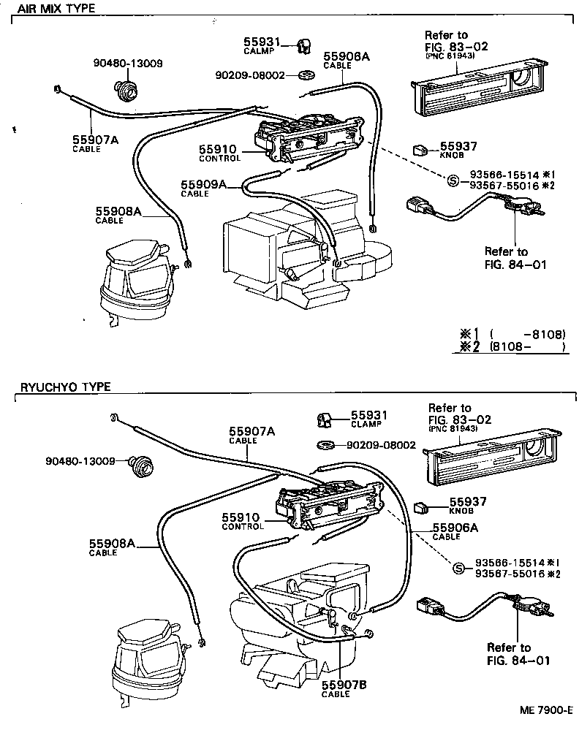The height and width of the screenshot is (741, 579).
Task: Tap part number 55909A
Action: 204,185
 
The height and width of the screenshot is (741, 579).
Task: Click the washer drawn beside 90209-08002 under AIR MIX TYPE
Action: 306,75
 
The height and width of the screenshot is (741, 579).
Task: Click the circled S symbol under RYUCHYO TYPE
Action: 459,568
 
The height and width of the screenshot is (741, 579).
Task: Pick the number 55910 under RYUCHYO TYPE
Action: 241,517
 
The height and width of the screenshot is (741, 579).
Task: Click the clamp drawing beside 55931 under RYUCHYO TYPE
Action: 325,419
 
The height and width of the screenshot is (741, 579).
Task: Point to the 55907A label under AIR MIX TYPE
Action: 95,140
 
